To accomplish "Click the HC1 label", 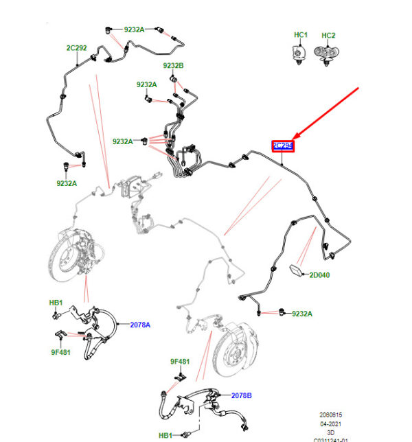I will [301, 35].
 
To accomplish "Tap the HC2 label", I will [329, 35].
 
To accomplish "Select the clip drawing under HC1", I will [299, 54].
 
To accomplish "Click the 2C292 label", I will [76, 48].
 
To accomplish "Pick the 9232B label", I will [173, 66].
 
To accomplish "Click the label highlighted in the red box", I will [282, 146].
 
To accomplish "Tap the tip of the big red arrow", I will [294, 137].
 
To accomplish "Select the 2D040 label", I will [319, 275].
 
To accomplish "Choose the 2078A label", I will [141, 325].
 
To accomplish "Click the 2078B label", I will [242, 395].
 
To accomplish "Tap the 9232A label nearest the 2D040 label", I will [301, 314].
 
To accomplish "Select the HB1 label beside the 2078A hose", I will [56, 303].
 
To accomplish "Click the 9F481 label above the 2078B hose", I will [180, 361].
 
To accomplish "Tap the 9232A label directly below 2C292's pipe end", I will [67, 183].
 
